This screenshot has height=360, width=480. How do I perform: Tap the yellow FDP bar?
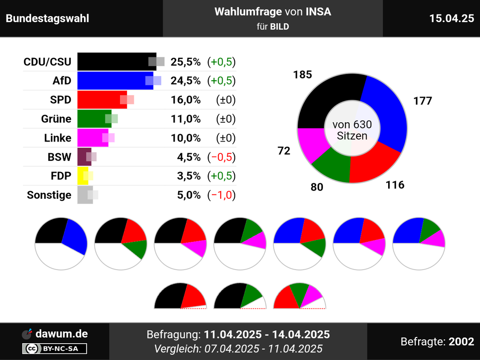pos(82,176)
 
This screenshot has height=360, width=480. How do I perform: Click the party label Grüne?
pos(56,119)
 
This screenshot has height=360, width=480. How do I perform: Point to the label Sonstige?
pos(49,195)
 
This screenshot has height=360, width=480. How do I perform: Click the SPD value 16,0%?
pos(186,100)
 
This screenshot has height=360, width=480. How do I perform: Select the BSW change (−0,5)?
pos(221,157)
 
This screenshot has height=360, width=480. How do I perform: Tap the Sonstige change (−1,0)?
pos(221,195)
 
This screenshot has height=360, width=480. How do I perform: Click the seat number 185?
pos(302,75)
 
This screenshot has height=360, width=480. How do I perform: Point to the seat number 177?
pos(422,101)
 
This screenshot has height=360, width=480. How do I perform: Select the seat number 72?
pos(284,151)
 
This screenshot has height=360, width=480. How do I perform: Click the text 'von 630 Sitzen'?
pos(352,130)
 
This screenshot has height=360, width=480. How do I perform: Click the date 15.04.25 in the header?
pos(451,18)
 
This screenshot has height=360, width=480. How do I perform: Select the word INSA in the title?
pos(318,12)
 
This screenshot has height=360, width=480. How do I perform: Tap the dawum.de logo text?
pos(61,334)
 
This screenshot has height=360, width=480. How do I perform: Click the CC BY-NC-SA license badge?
pos(54,348)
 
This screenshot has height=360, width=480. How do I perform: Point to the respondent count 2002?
pos(461,342)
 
